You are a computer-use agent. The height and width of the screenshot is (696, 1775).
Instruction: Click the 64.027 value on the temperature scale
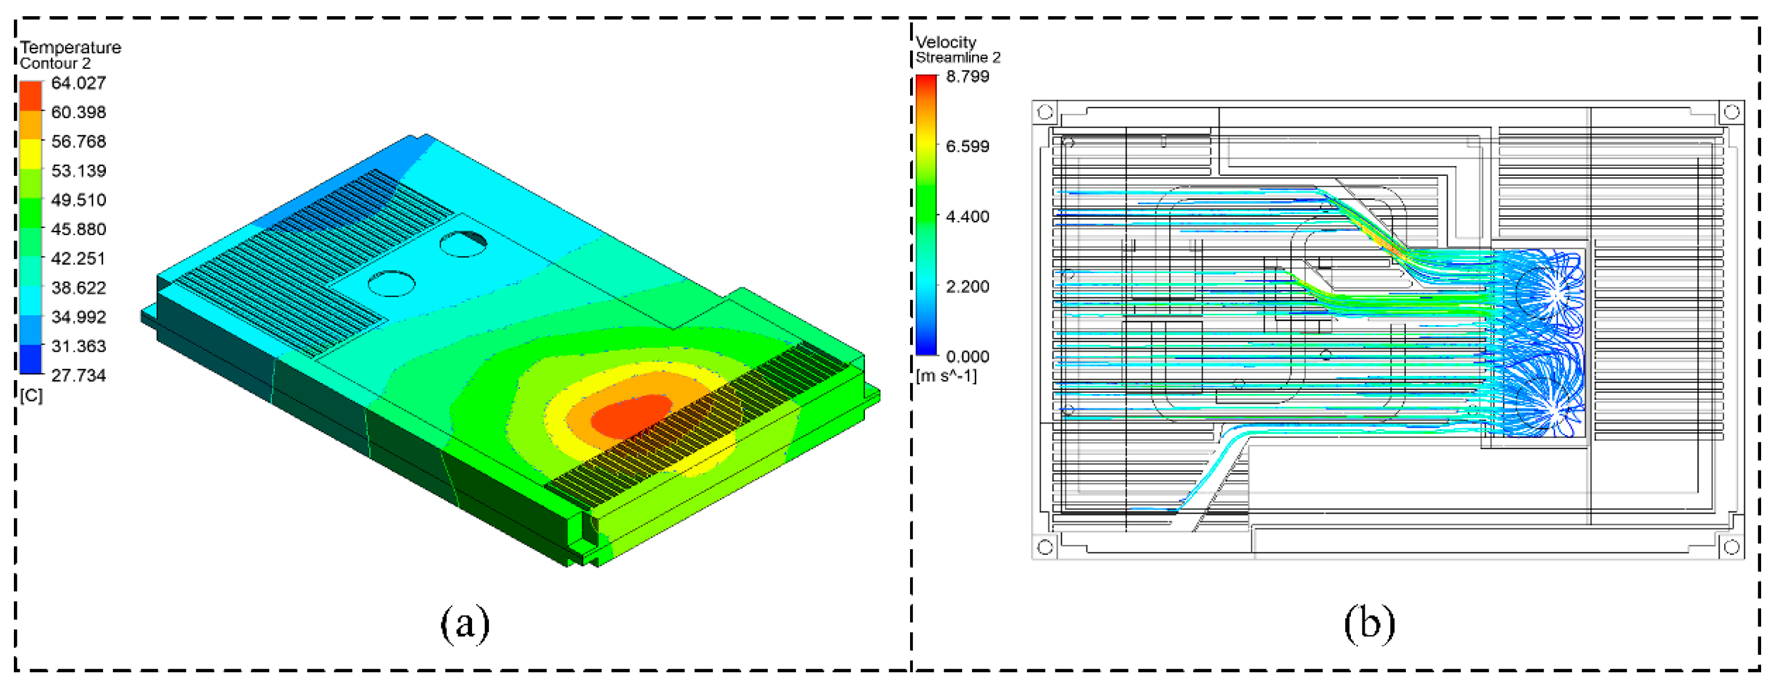(79, 83)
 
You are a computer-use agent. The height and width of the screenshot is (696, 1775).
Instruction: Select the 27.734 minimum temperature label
(79, 375)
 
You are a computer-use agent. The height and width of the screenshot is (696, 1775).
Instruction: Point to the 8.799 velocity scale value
(967, 76)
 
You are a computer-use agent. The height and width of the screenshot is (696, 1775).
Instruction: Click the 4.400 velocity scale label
(967, 216)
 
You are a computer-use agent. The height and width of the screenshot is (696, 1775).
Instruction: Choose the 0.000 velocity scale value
(967, 356)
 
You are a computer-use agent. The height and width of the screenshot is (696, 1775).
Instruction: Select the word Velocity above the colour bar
(946, 42)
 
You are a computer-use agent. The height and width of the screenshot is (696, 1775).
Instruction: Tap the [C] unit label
(31, 396)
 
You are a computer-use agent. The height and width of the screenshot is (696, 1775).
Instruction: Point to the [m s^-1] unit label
(946, 376)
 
